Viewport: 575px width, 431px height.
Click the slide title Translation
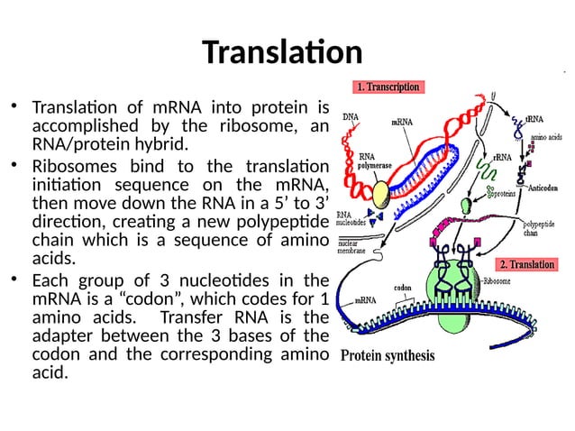click(282, 52)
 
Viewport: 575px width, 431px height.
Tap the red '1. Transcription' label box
click(388, 87)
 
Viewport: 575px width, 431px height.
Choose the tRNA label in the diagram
click(534, 118)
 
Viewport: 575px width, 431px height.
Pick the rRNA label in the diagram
click(501, 158)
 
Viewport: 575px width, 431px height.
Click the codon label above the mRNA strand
click(403, 289)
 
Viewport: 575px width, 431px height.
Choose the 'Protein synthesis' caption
click(387, 355)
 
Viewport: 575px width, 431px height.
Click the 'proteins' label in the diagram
click(502, 193)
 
